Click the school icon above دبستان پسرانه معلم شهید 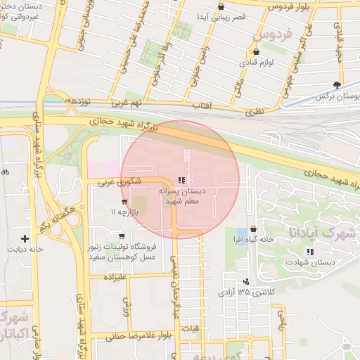[x=183, y=181]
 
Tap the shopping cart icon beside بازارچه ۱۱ [x=124, y=202]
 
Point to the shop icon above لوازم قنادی [x=255, y=51]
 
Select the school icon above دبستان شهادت [x=310, y=252]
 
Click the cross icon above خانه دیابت [x=25, y=239]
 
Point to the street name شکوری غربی [x=114, y=181]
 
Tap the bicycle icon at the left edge [x=4, y=171]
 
